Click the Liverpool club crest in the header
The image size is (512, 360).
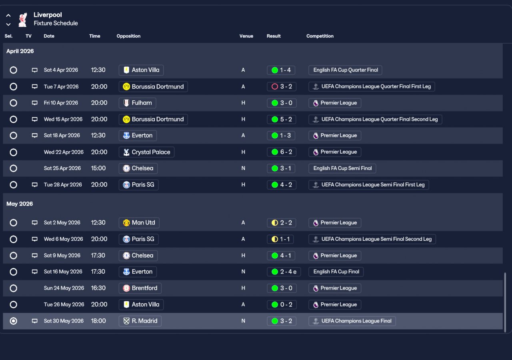[x=23, y=19]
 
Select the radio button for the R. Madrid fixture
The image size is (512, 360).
[x=14, y=321]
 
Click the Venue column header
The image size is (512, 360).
[x=246, y=36]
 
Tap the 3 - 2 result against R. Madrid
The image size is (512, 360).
[x=282, y=321]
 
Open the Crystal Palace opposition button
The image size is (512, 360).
[x=146, y=152]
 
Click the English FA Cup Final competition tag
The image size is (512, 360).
[x=336, y=272]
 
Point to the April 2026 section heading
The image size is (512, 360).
[x=20, y=51]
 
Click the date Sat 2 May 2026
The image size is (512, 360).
[x=62, y=223]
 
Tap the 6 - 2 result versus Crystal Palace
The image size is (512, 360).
[x=282, y=152]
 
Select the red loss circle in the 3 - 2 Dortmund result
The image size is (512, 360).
[x=275, y=86]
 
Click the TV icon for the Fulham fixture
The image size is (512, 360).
[x=35, y=103]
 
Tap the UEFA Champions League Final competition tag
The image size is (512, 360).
[x=352, y=321]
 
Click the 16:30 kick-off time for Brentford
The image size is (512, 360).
[x=98, y=288]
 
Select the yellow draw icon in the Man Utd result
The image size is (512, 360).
[x=275, y=223]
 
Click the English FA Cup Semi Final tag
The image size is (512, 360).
[x=342, y=168]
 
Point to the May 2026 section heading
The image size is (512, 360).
[x=20, y=204]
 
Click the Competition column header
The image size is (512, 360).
[x=320, y=36]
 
